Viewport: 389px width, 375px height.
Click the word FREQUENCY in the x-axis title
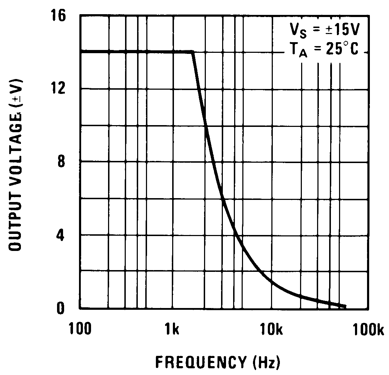click(200, 362)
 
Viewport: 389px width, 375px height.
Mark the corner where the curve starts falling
click(192, 52)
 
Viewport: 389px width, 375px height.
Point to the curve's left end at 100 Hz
click(81, 52)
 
